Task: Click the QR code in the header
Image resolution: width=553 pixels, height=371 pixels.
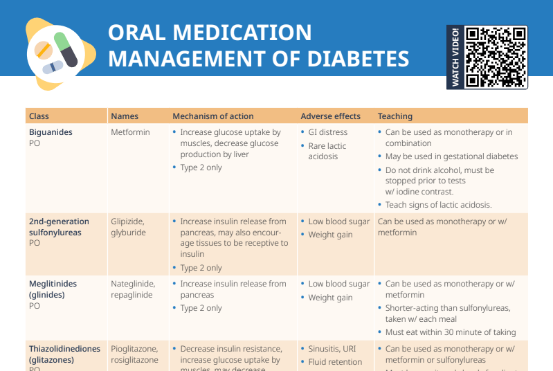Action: (x=496, y=57)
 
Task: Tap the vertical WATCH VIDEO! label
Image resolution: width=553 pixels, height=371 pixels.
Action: (x=455, y=57)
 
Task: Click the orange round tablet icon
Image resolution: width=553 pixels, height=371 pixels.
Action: (x=43, y=50)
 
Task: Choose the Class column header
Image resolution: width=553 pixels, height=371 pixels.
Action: (x=39, y=116)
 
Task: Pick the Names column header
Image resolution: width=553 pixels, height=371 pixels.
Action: (x=125, y=116)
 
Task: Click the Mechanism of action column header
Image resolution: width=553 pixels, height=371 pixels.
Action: (x=212, y=116)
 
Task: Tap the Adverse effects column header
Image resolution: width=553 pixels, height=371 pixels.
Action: (x=330, y=116)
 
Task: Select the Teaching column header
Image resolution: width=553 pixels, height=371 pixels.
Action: (x=395, y=116)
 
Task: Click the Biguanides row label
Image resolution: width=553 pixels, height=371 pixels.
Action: (x=51, y=132)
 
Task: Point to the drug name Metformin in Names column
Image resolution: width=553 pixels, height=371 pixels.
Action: (x=130, y=132)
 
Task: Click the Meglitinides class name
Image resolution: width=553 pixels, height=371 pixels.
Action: (x=53, y=284)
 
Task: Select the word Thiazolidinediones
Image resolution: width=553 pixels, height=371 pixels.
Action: (x=64, y=349)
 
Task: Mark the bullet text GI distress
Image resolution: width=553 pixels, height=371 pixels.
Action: (x=328, y=132)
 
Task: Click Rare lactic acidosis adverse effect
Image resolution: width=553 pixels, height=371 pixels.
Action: (x=327, y=151)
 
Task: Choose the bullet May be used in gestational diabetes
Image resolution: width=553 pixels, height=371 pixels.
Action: (x=451, y=156)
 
